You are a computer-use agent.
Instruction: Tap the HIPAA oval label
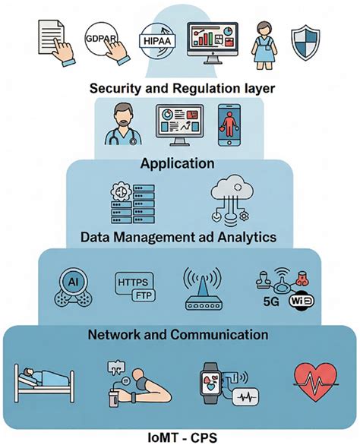(x=156, y=39)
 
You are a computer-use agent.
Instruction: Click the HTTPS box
(x=133, y=282)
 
